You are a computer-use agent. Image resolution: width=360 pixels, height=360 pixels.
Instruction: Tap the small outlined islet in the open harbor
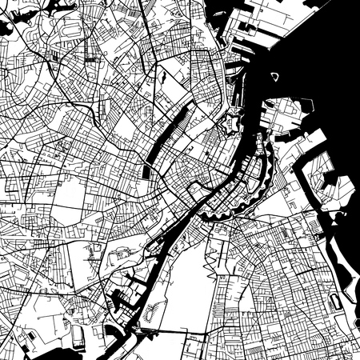[275, 77]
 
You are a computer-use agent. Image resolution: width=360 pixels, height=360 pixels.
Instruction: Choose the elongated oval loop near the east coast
[334, 302]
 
